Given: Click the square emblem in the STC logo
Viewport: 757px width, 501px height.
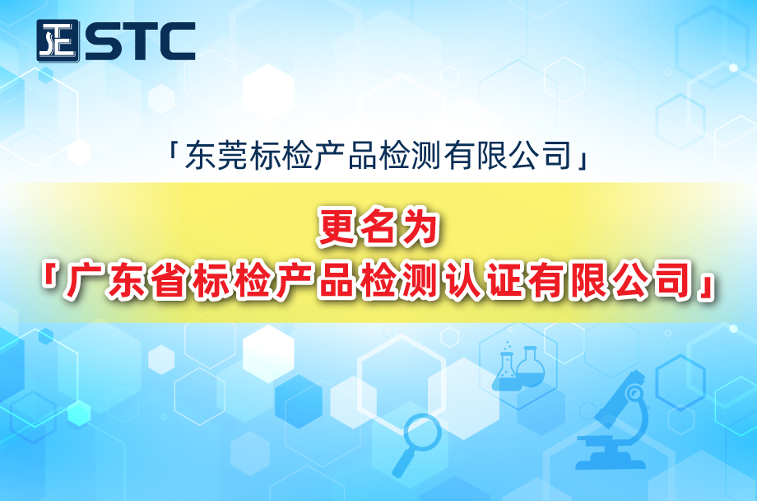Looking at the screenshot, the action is tap(58, 41).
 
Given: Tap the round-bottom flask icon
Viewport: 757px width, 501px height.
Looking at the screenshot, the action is tap(531, 367).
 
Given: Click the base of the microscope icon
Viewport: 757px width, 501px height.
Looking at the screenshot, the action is tap(611, 464).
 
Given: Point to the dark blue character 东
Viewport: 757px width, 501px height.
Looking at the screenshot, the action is tap(200, 156).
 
